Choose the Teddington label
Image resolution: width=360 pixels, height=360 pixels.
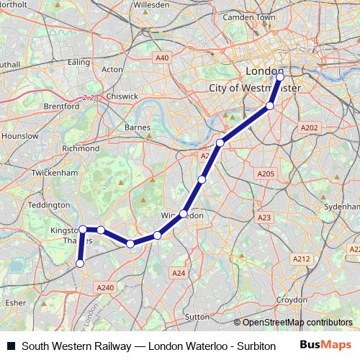coord(49,204)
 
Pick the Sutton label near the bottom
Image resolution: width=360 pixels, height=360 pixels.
coord(196,315)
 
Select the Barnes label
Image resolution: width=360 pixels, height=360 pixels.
coord(137,127)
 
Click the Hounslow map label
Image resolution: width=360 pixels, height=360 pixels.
coord(20,135)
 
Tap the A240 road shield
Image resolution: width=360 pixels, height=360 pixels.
coord(104,287)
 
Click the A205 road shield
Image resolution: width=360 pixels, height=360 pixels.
coord(266,174)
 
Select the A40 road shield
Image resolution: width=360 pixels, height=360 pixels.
coord(162,58)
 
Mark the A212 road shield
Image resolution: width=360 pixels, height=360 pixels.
coord(301,258)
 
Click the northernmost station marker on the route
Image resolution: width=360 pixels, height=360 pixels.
coord(280,76)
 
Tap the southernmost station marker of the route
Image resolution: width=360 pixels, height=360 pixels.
coord(80,264)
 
